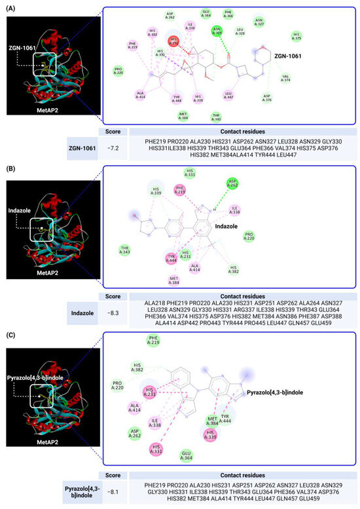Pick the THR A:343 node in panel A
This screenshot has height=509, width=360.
216,117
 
